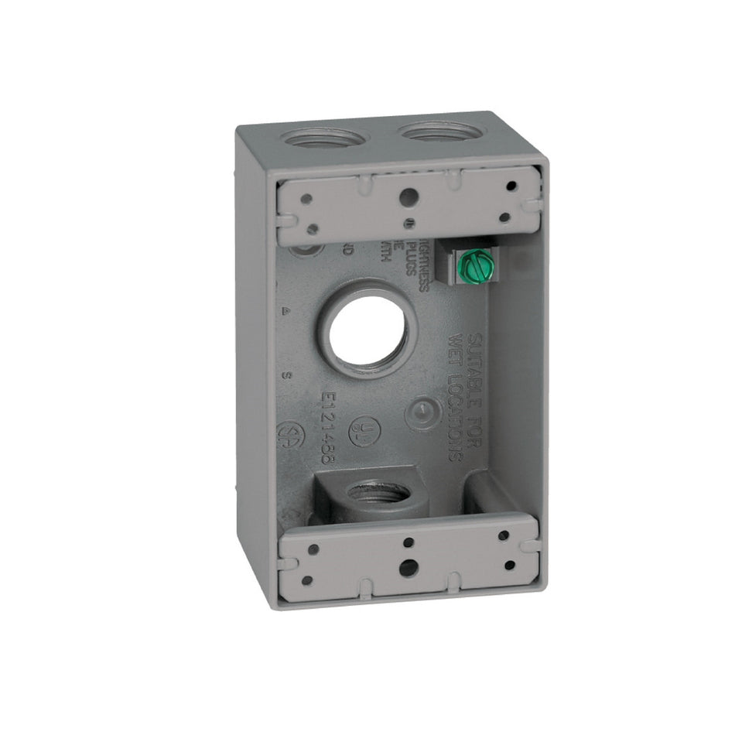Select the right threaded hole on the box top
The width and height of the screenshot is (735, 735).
coord(444,132)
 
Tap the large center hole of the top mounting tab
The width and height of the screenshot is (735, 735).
coord(406,197)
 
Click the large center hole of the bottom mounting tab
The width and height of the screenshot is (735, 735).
coord(408,567)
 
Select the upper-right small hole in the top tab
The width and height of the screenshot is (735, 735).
coord(511,186)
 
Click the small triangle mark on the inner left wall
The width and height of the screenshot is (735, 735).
coord(287,311)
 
